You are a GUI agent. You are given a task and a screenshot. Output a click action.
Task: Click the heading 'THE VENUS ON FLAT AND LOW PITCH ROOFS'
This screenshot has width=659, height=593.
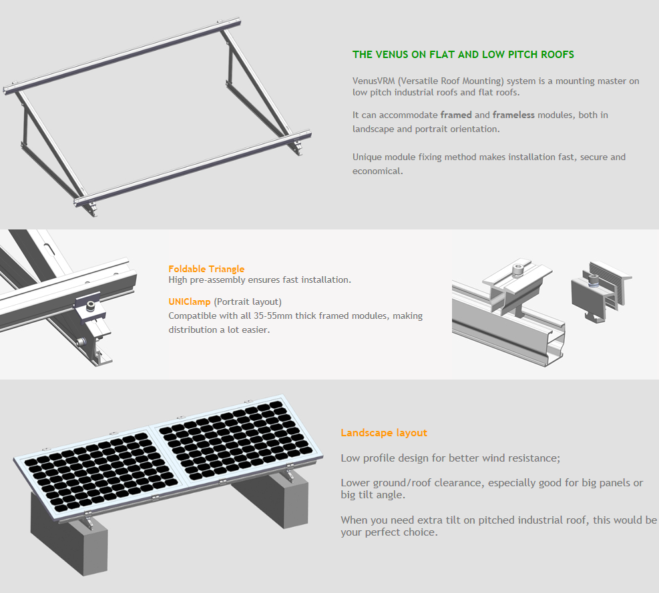pos(463,55)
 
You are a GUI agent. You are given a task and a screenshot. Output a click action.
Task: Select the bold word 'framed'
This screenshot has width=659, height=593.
pos(456,115)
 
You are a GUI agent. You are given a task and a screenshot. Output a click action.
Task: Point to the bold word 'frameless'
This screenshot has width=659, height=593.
pos(513,115)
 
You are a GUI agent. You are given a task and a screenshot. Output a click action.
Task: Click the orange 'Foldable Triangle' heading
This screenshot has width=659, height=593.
pos(206,269)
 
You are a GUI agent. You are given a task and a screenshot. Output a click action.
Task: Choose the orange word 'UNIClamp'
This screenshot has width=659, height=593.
pos(190,302)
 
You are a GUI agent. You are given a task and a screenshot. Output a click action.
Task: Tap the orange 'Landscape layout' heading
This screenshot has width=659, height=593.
pos(383,433)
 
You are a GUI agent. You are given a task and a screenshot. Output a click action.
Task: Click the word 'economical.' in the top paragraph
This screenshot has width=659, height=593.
pos(378,171)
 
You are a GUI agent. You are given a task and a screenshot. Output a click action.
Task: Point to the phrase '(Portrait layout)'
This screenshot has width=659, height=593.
pos(248,302)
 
